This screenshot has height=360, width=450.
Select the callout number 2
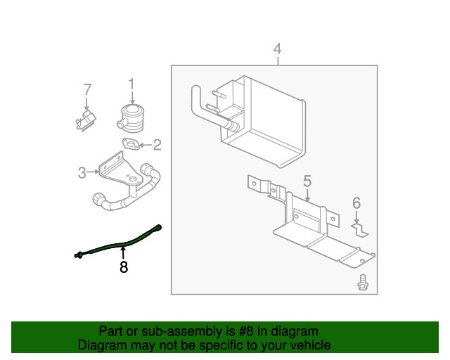pos(157,146)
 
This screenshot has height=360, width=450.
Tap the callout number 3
pos(82,172)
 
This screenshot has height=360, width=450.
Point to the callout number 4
pos(277,49)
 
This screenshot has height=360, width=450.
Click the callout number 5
pos(307,181)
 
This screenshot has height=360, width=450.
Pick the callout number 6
pos(356,203)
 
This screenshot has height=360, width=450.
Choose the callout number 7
pos(87,89)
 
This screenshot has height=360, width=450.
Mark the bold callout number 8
pos(124,267)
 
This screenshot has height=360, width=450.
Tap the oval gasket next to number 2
pos(130,146)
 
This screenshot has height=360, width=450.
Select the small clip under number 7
pos(85,120)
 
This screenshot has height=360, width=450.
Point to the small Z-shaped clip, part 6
pos(360,229)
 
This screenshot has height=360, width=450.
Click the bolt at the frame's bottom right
pos(362,282)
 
